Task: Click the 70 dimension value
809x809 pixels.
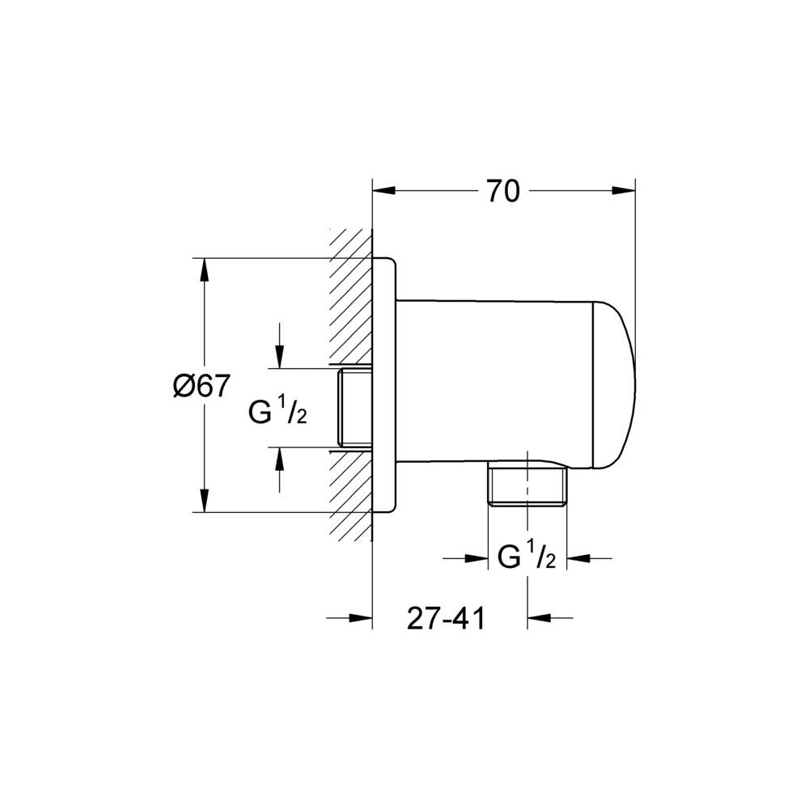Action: point(503,192)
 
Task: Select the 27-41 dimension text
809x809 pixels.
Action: point(447,618)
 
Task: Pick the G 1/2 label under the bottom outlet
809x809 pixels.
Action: point(527,557)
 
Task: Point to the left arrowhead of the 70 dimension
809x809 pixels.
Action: point(383,191)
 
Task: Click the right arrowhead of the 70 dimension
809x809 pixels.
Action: point(625,191)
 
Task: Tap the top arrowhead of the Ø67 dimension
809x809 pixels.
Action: point(205,269)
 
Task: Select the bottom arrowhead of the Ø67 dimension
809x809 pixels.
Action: point(205,501)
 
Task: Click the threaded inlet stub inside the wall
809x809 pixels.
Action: point(354,408)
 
